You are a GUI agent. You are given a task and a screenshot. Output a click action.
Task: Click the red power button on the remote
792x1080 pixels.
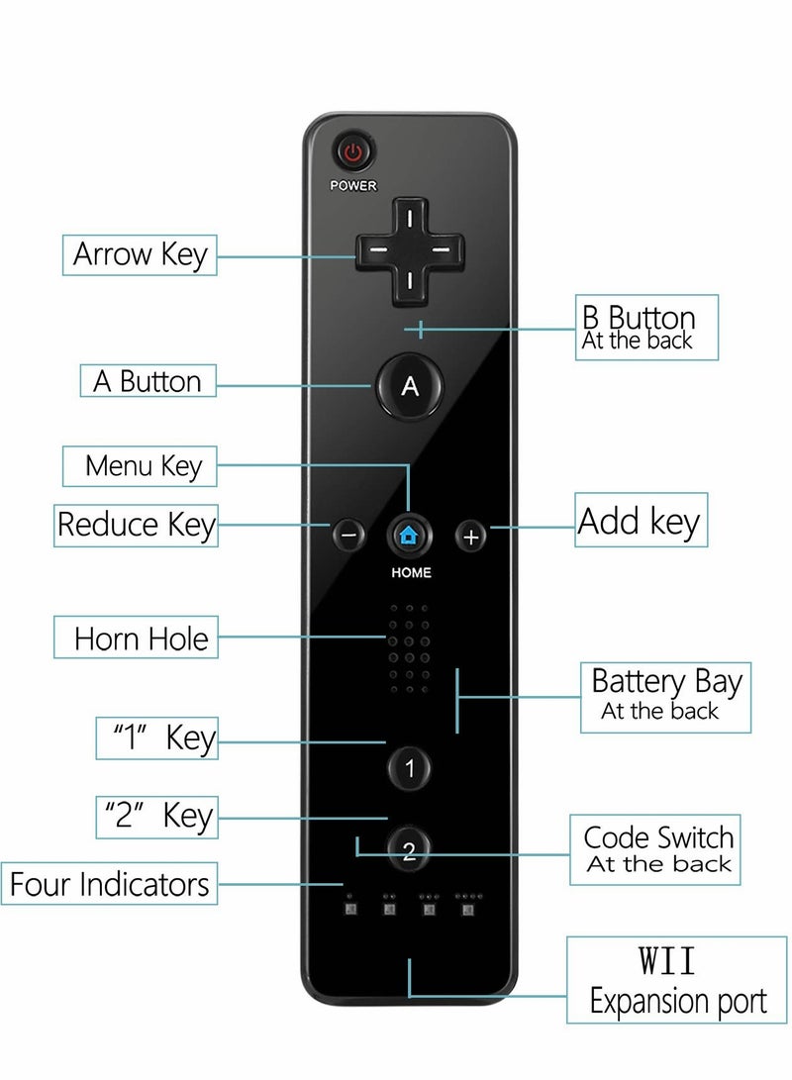pos(353,153)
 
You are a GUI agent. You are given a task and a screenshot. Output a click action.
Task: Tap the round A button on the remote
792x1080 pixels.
pos(409,386)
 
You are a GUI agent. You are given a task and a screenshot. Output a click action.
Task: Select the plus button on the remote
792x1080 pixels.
pos(471,536)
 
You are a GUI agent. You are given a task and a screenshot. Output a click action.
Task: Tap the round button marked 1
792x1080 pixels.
pos(409,767)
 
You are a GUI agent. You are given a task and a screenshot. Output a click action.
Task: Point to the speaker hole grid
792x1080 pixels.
pos(409,648)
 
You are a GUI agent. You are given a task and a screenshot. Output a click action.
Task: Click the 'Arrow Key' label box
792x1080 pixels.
pos(140,254)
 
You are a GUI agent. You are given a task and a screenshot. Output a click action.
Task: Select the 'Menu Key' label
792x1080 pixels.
pos(140,465)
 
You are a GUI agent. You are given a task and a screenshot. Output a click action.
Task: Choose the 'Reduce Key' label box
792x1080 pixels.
pos(136,525)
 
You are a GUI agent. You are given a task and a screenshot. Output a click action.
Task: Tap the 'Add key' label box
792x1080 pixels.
pos(642,521)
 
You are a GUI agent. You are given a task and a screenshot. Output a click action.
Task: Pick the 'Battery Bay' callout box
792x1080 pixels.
pos(665,696)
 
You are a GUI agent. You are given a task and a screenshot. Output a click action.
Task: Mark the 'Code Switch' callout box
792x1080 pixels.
pos(657,849)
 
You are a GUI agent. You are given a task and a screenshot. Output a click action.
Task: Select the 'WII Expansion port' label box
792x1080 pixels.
pos(678,980)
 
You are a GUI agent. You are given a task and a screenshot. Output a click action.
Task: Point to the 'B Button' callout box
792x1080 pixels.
pos(647,327)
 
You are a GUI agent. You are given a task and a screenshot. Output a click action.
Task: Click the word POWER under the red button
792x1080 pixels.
pos(353,186)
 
